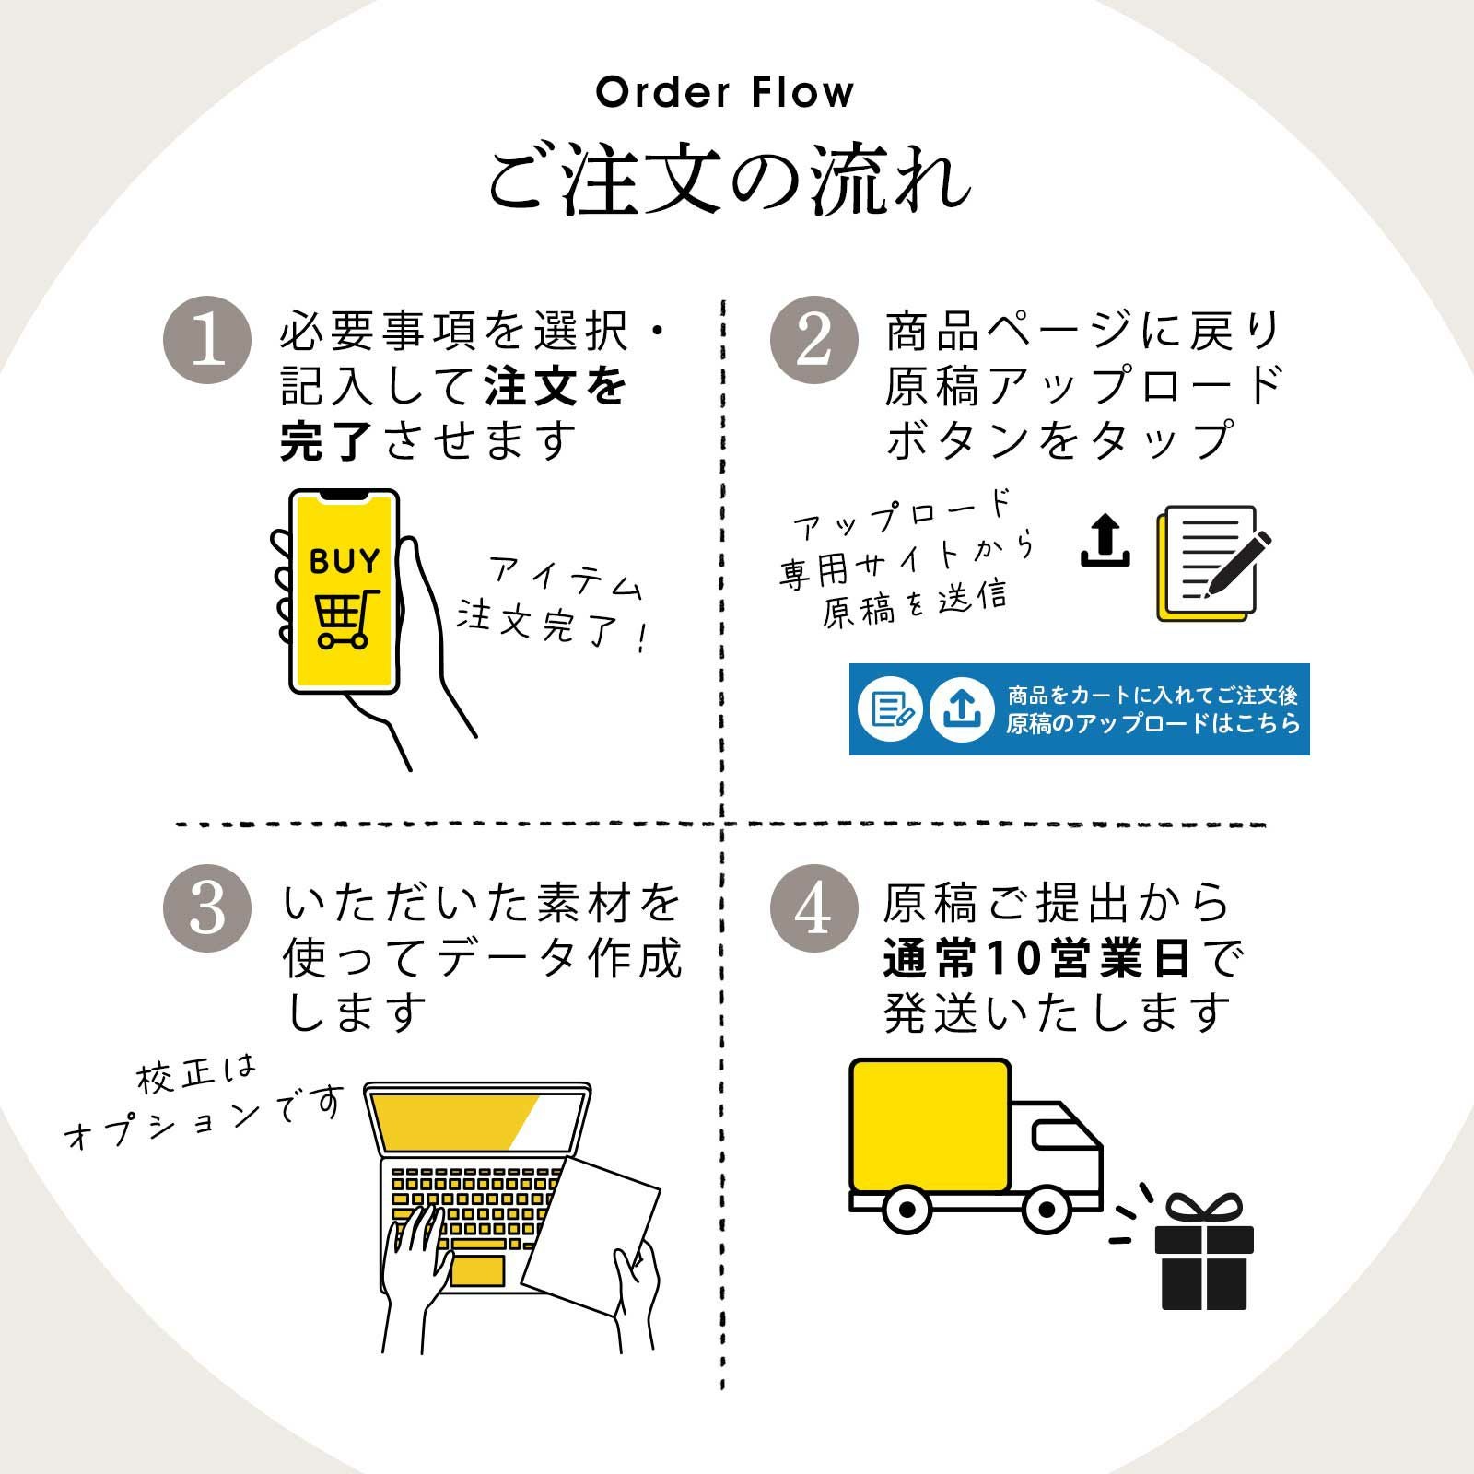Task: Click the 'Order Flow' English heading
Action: coord(725,93)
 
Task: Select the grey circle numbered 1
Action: coord(207,340)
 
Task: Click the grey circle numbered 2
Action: coord(814,340)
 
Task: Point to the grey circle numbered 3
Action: coord(207,908)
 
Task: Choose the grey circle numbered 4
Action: coord(814,908)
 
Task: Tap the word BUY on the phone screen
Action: coord(344,561)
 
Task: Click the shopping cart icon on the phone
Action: coord(345,618)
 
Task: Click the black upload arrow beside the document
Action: coord(1105,541)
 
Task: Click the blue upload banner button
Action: coord(1079,708)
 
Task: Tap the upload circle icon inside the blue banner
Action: coord(961,708)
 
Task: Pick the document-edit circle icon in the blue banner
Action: coord(890,708)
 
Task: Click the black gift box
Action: coord(1204,1255)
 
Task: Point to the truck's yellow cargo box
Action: coord(930,1126)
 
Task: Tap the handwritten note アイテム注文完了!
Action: coord(553,603)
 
